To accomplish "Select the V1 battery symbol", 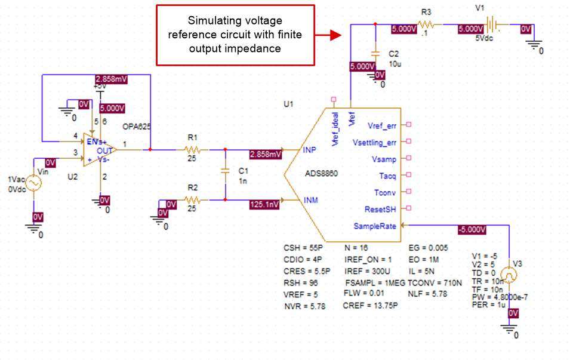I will point(491,25).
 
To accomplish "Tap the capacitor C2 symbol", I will point(375,53).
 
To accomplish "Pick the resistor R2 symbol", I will point(192,200).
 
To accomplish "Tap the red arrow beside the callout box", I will point(328,36).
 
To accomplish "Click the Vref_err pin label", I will point(382,125).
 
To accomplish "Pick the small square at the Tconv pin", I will point(409,192).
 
